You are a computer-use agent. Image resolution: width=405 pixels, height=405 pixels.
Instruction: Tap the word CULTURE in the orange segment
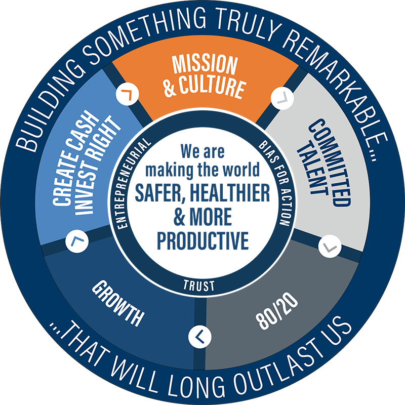pyautogui.click(x=212, y=87)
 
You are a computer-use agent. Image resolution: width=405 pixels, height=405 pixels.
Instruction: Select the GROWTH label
pyautogui.click(x=118, y=303)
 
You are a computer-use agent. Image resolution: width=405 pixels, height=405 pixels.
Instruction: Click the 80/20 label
pyautogui.click(x=276, y=311)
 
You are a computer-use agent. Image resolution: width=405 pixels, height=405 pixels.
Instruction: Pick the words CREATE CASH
pyautogui.click(x=75, y=158)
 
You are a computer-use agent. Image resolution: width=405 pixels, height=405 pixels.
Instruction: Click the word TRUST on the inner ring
pyautogui.click(x=199, y=286)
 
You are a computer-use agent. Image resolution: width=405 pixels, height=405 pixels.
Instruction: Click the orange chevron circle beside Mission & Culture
pyautogui.click(x=128, y=94)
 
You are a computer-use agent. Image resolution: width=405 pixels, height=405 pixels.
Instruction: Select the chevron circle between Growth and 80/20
pyautogui.click(x=199, y=337)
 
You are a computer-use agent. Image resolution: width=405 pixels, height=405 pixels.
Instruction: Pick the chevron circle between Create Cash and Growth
pyautogui.click(x=77, y=241)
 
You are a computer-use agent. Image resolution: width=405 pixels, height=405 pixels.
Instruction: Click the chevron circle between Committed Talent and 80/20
pyautogui.click(x=330, y=247)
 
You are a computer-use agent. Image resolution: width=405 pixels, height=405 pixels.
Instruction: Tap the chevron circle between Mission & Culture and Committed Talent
pyautogui.click(x=282, y=98)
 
